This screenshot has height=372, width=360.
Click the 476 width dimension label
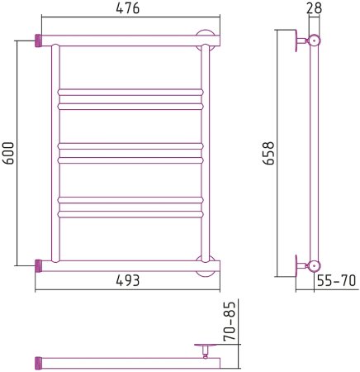pyautogui.click(x=128, y=8)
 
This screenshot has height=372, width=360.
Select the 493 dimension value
pyautogui.click(x=128, y=280)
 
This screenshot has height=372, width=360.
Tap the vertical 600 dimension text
pyautogui.click(x=8, y=153)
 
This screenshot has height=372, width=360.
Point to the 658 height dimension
pyautogui.click(x=268, y=153)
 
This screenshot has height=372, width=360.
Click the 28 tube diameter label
pyautogui.click(x=314, y=8)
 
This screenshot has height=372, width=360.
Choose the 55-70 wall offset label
pyautogui.click(x=337, y=281)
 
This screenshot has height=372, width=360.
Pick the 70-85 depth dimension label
pyautogui.click(x=230, y=322)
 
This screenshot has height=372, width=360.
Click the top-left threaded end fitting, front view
pyautogui.click(x=38, y=41)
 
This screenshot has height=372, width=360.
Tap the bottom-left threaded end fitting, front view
pyautogui.click(x=38, y=266)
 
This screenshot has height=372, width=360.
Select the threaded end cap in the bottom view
pyautogui.click(x=38, y=363)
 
